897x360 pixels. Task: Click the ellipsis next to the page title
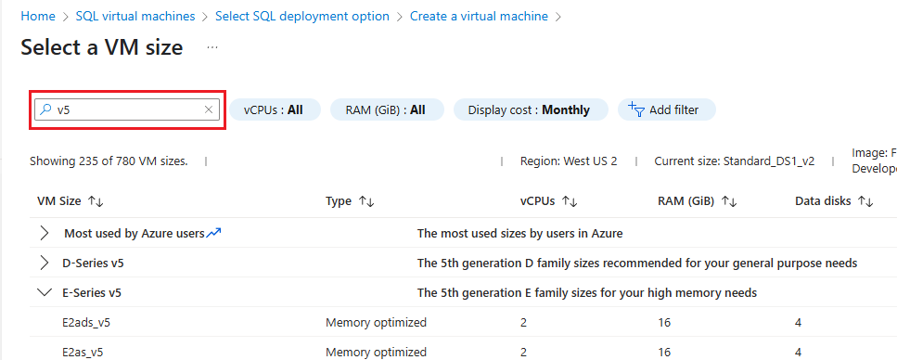pos(211,46)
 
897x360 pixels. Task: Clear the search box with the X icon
pos(210,109)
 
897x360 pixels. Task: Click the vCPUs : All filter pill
pos(274,109)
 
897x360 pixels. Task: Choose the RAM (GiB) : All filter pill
pos(385,109)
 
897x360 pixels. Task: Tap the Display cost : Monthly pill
pos(529,109)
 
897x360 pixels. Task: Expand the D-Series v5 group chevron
pos(44,263)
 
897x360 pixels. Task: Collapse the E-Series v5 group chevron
pos(44,292)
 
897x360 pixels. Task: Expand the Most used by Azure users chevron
pos(44,233)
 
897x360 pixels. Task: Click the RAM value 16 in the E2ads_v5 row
pos(663,322)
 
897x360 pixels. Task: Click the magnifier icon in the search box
pos(45,109)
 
